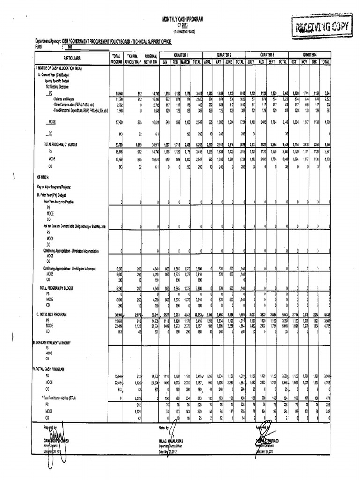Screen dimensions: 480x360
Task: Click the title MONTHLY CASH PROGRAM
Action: click(x=180, y=19)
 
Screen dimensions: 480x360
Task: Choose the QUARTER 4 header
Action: click(x=310, y=54)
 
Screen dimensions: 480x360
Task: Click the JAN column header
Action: click(x=165, y=61)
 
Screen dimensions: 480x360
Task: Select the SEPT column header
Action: click(x=272, y=61)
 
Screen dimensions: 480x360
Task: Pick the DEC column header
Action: click(x=315, y=61)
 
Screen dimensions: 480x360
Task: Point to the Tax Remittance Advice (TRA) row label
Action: click(x=61, y=396)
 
